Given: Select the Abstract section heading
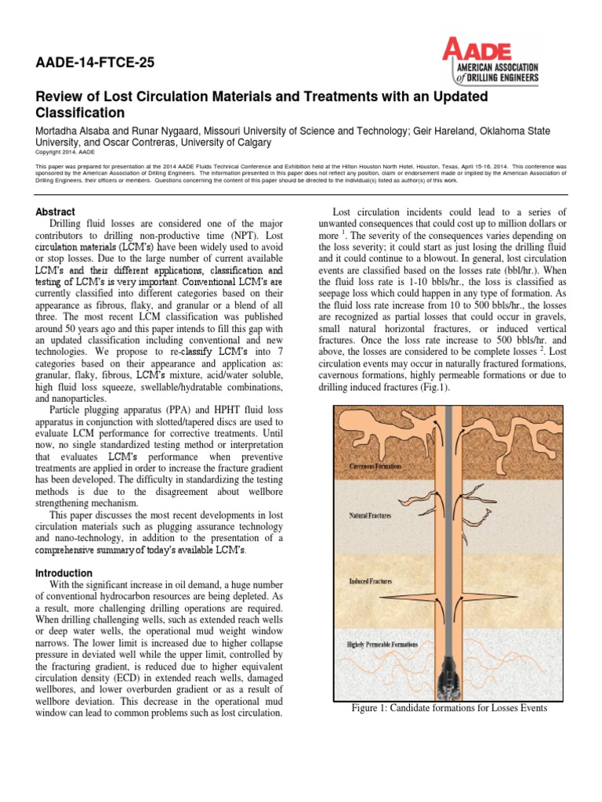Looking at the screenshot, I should point(56,211).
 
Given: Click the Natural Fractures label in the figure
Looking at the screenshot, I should point(370,517).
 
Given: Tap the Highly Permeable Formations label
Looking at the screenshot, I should point(383,645).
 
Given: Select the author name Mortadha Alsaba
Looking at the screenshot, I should point(76,131).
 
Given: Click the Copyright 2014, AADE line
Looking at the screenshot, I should point(67,154).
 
